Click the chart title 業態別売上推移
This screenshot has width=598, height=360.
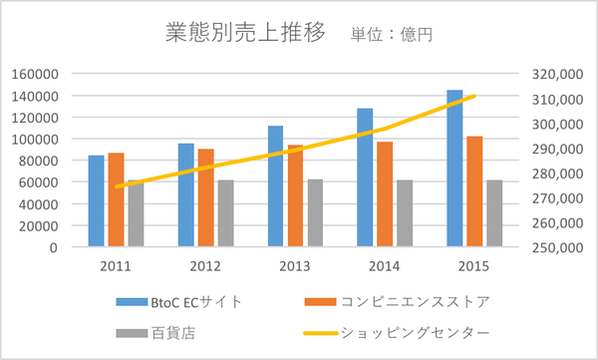(x=244, y=33)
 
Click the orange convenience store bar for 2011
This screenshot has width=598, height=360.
(x=116, y=199)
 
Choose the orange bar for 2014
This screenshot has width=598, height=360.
(x=385, y=193)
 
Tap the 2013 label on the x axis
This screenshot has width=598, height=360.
(x=295, y=266)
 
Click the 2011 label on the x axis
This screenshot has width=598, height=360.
(x=116, y=266)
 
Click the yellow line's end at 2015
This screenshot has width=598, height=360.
(x=474, y=96)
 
